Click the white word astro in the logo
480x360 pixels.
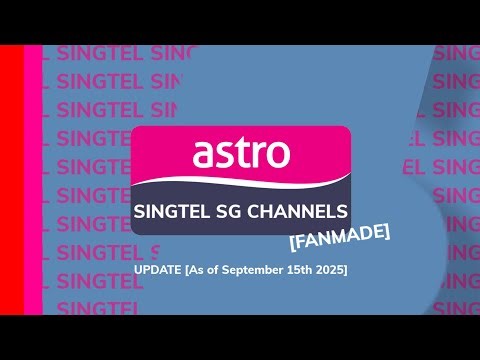(241, 154)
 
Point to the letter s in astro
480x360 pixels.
(224, 155)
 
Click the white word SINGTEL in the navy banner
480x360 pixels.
(173, 211)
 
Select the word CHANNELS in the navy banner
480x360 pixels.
(303, 211)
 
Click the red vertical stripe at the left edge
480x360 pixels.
(11, 180)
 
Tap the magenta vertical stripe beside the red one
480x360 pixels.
(32, 180)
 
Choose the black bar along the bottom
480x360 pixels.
(240, 337)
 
